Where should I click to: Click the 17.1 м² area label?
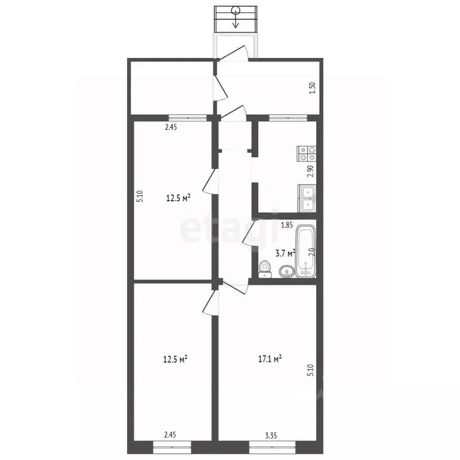[x=270, y=359]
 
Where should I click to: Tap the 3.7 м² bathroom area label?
[x=285, y=253]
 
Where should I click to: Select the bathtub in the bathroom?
[x=306, y=251]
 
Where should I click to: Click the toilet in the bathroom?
[x=265, y=270]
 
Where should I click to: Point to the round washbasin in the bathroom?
[x=287, y=271]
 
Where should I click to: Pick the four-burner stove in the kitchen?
[x=307, y=154]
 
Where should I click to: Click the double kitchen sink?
[x=307, y=198]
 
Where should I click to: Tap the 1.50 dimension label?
[x=313, y=87]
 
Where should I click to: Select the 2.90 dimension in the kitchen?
[x=310, y=171]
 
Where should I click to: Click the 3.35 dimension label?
[x=271, y=435]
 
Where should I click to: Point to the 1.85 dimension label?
[x=287, y=225]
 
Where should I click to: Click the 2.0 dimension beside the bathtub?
[x=312, y=253]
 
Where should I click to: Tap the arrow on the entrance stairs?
[x=235, y=19]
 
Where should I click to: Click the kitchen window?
[x=288, y=118]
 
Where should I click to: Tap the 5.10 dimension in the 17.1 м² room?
[x=311, y=370]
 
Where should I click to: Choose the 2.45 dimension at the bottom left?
[x=170, y=435]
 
